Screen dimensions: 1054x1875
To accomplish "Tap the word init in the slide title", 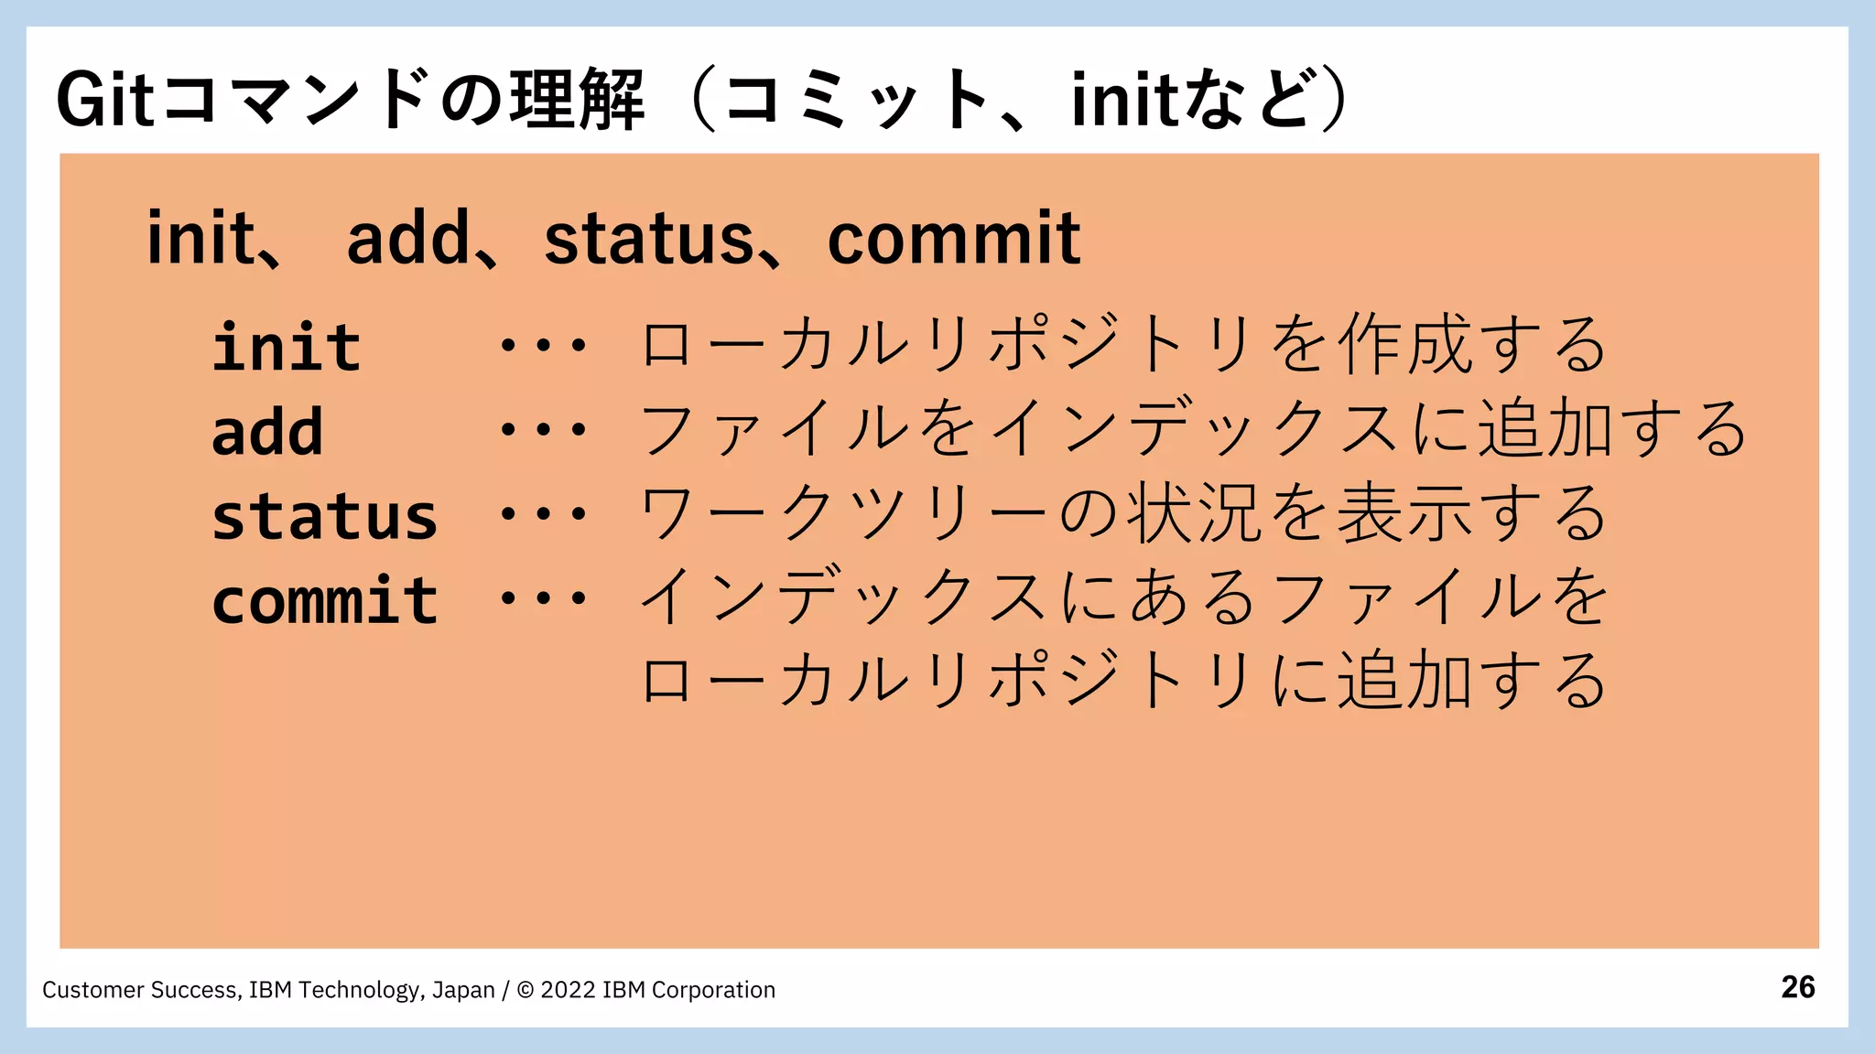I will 1122,99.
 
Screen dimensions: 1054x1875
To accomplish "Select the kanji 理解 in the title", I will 578,99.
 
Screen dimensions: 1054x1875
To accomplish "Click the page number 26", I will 1798,987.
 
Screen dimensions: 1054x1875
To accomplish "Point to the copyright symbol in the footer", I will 526,990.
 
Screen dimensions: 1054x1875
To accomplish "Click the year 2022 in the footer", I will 568,990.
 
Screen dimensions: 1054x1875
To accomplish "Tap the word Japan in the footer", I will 463,990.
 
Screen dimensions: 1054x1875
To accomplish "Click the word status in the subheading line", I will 648,239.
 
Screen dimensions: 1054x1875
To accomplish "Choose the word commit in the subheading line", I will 954,239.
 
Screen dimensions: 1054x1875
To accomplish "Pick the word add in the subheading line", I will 408,239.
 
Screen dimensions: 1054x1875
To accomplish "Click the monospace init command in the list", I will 287,348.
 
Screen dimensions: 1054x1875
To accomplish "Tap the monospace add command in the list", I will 267,432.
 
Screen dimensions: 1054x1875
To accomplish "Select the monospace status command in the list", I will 325,517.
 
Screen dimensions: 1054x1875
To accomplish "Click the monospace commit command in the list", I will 325,601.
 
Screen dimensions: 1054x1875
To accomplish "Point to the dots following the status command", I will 543,515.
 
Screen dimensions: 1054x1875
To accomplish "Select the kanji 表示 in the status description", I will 1405,513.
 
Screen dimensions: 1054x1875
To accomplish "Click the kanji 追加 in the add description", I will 1545,428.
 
